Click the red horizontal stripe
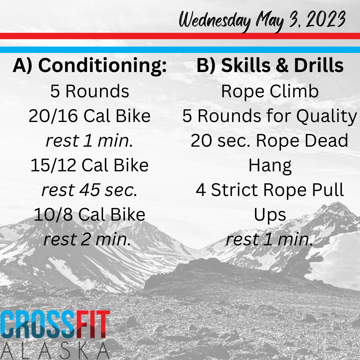click(180, 36)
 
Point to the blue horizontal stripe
click(180, 50)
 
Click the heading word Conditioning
click(102, 66)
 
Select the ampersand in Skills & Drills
click(282, 65)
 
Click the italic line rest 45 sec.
click(90, 190)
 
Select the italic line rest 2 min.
click(87, 239)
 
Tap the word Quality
click(327, 116)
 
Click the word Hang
click(270, 166)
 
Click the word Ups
click(270, 215)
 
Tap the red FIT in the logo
click(93, 324)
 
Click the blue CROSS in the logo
click(38, 324)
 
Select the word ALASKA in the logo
click(55, 351)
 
